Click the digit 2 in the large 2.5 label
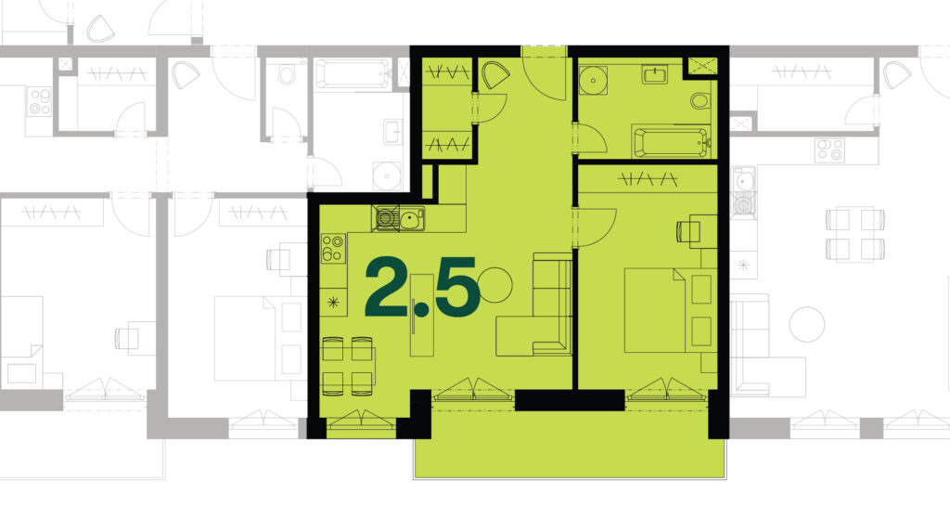pyautogui.click(x=388, y=287)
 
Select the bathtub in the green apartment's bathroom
pyautogui.click(x=671, y=141)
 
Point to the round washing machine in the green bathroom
pyautogui.click(x=593, y=81)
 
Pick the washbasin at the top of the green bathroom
pyautogui.click(x=654, y=74)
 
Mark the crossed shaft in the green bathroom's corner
pyautogui.click(x=702, y=66)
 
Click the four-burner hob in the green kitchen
pyautogui.click(x=333, y=248)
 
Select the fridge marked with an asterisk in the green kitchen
pyautogui.click(x=333, y=302)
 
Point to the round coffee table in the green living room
pyautogui.click(x=495, y=285)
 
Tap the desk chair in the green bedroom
pyautogui.click(x=687, y=231)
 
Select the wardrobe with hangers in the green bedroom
pyautogui.click(x=648, y=179)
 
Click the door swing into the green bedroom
pyautogui.click(x=595, y=227)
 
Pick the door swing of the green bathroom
pyautogui.click(x=589, y=138)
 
